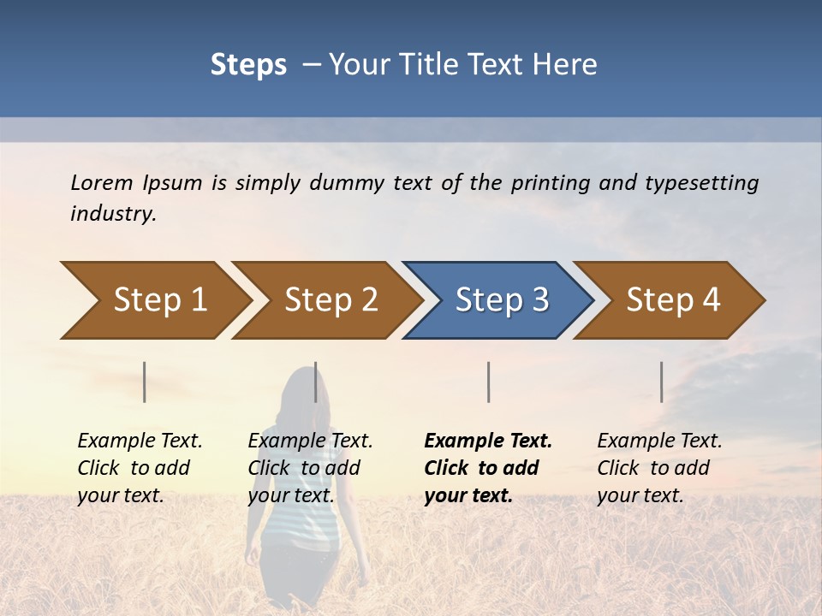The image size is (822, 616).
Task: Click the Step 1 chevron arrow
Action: (154, 300)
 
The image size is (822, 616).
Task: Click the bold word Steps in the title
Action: (248, 64)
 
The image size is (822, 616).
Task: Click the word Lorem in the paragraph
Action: (101, 182)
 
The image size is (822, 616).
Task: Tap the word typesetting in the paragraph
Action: (701, 183)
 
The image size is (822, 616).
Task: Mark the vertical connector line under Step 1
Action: (145, 382)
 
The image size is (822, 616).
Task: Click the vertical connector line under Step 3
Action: (488, 382)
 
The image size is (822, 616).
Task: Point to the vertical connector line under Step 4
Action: (661, 382)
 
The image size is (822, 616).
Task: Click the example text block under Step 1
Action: (140, 468)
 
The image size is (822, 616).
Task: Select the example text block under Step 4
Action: (659, 468)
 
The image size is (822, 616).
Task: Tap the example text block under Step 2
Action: (310, 468)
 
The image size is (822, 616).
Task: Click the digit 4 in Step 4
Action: (712, 300)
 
